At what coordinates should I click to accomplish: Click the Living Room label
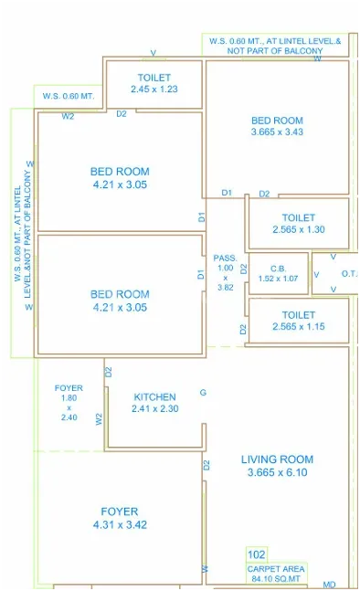coord(277,459)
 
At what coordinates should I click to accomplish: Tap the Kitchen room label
coord(155,396)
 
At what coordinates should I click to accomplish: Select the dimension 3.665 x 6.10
coord(277,472)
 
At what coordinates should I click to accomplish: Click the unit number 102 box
coord(257,554)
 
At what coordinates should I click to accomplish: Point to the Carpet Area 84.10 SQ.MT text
coord(276,574)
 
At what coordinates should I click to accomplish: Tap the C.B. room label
coord(278,269)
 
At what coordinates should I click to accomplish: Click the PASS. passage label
coord(226,259)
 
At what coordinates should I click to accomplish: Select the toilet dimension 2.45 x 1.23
coord(154,90)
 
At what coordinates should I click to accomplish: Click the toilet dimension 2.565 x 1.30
coord(299,229)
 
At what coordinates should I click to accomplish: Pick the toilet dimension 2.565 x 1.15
coord(299,326)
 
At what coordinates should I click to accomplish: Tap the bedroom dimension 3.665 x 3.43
coord(277,132)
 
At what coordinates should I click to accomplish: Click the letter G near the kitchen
coord(203,393)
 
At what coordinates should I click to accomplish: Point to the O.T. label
coord(349,274)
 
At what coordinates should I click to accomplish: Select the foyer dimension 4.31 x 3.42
coord(120,524)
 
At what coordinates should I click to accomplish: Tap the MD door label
coord(329,585)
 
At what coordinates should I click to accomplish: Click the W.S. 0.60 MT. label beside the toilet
coord(69,96)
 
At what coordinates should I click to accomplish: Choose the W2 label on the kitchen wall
coord(99,419)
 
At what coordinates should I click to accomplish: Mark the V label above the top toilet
coord(154,53)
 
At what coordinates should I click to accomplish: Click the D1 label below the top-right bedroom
coord(227,193)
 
